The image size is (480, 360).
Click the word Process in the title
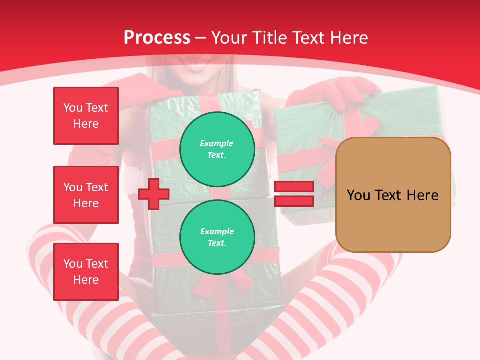click(157, 38)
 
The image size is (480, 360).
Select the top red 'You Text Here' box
click(86, 116)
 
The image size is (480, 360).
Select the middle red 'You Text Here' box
click(86, 195)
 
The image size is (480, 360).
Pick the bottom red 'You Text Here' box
click(86, 271)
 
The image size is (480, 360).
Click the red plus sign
click(154, 194)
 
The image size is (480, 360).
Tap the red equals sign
click(294, 194)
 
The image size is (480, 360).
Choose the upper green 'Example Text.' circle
click(217, 149)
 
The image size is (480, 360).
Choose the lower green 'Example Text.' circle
click(217, 237)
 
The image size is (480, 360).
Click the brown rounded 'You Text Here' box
click(393, 195)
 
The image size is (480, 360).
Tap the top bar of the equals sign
click(294, 187)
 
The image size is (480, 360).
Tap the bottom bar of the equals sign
click(294, 201)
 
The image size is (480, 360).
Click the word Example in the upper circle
click(217, 143)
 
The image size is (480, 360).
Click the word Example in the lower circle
click(217, 231)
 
